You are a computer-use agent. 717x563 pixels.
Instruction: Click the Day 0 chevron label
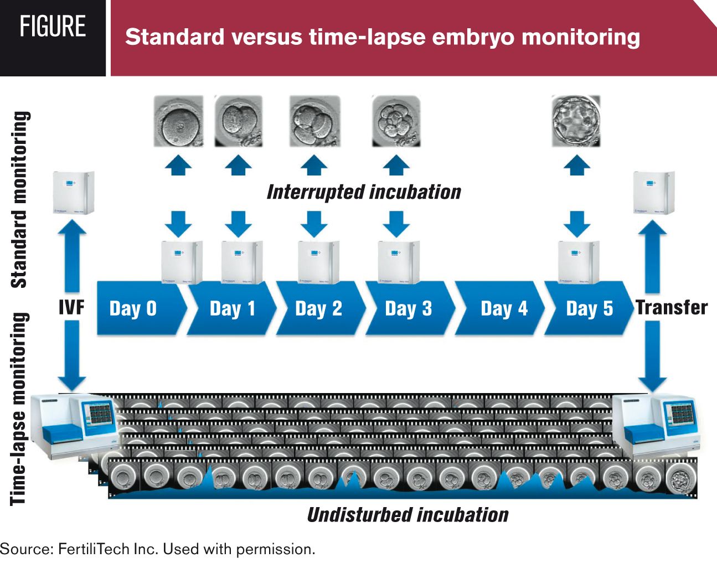click(x=133, y=308)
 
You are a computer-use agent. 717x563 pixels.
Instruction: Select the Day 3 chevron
click(x=408, y=308)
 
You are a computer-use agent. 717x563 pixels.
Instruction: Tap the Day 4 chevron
click(x=503, y=308)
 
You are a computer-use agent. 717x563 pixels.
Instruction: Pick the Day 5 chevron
click(x=589, y=308)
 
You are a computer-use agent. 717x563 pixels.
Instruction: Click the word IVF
click(x=71, y=307)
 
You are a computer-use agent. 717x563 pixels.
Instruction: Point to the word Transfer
click(x=672, y=307)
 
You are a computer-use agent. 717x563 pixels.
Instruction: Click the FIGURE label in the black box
click(x=53, y=27)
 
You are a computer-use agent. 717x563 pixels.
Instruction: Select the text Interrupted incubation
click(x=364, y=192)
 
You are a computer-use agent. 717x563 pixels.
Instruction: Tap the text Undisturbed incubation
click(x=407, y=515)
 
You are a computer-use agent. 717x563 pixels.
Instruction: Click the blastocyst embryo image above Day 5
click(x=576, y=121)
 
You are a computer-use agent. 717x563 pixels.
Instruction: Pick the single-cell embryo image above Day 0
click(x=178, y=121)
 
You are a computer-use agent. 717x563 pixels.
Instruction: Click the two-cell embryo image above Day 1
click(x=238, y=121)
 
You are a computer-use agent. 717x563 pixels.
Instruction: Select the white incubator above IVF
click(x=73, y=193)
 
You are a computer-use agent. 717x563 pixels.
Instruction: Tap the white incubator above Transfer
click(x=654, y=193)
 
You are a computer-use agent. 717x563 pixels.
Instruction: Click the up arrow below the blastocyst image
click(x=576, y=164)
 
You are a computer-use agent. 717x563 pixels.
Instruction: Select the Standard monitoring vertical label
click(x=19, y=199)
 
